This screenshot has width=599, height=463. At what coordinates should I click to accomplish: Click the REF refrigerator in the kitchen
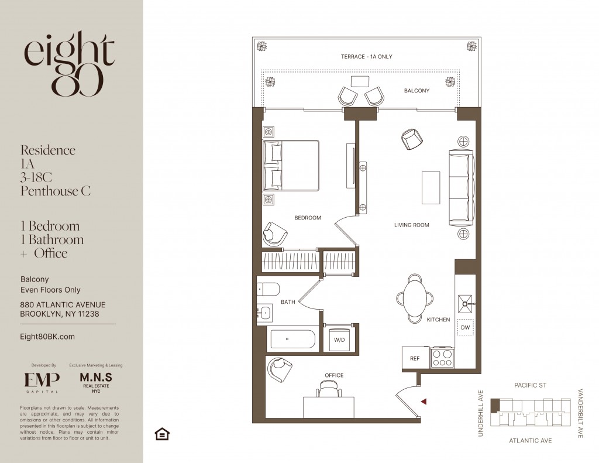(415, 358)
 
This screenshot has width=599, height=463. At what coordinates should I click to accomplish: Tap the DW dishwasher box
(465, 327)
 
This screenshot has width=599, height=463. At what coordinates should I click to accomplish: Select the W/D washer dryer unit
(339, 339)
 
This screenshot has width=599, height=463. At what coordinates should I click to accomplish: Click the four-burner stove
(442, 358)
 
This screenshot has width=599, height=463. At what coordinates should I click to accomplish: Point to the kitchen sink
(466, 304)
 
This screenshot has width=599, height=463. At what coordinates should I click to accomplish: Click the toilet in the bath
(268, 289)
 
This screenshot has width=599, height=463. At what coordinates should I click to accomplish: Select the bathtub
(293, 339)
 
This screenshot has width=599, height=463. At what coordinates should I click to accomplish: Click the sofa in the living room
(461, 188)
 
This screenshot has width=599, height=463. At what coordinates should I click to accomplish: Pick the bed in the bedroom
(291, 165)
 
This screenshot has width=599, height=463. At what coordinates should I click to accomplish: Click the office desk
(329, 407)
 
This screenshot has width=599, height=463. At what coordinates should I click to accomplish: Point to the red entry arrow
(424, 402)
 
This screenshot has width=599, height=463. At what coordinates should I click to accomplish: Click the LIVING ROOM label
(411, 225)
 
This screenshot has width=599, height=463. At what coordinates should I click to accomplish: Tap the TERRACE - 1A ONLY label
(366, 57)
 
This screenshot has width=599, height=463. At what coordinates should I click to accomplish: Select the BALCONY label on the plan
(416, 91)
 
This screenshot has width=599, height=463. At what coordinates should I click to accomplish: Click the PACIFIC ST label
(530, 385)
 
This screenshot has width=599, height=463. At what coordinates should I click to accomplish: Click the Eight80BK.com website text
(47, 337)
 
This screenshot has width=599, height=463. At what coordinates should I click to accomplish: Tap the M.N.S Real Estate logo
(96, 383)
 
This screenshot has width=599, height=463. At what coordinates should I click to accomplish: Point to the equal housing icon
(162, 434)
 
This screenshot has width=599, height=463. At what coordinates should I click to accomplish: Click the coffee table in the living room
(431, 188)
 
